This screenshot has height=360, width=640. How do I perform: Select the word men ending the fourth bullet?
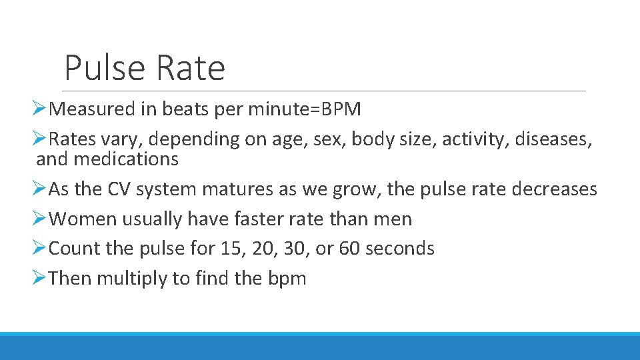click(394, 219)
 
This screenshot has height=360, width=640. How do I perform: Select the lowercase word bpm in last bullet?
click(287, 278)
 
